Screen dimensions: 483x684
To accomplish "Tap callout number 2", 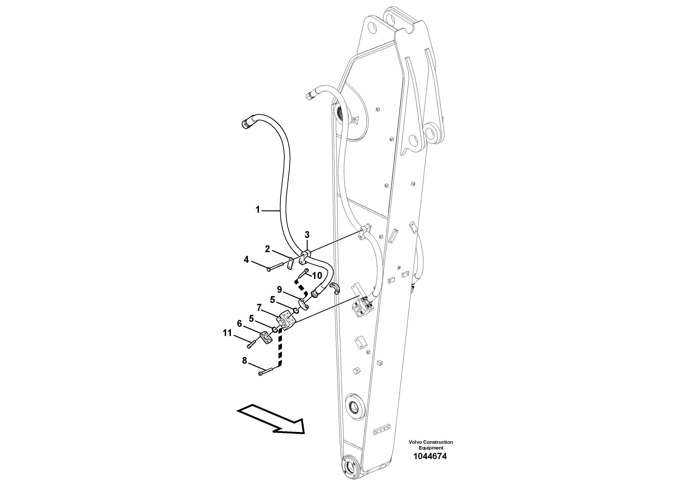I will tap(267, 249).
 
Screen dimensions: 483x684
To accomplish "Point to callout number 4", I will tap(246, 260).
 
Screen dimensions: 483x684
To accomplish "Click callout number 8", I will tap(245, 361).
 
